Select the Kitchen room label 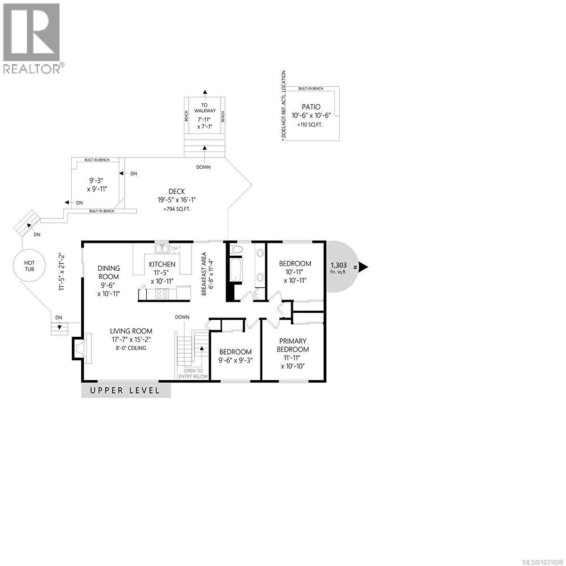click(x=162, y=265)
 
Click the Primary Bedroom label click(x=292, y=345)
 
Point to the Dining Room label click(x=108, y=272)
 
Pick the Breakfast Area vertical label click(x=204, y=274)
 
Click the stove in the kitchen click(x=161, y=294)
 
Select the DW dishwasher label click(x=175, y=248)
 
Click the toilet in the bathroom click(x=236, y=249)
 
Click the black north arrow click(x=363, y=267)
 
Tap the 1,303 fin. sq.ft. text click(x=339, y=268)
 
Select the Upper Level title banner click(x=125, y=391)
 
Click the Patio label click(x=311, y=107)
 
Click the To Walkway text click(x=205, y=108)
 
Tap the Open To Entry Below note click(x=193, y=373)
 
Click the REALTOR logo click(x=32, y=38)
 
